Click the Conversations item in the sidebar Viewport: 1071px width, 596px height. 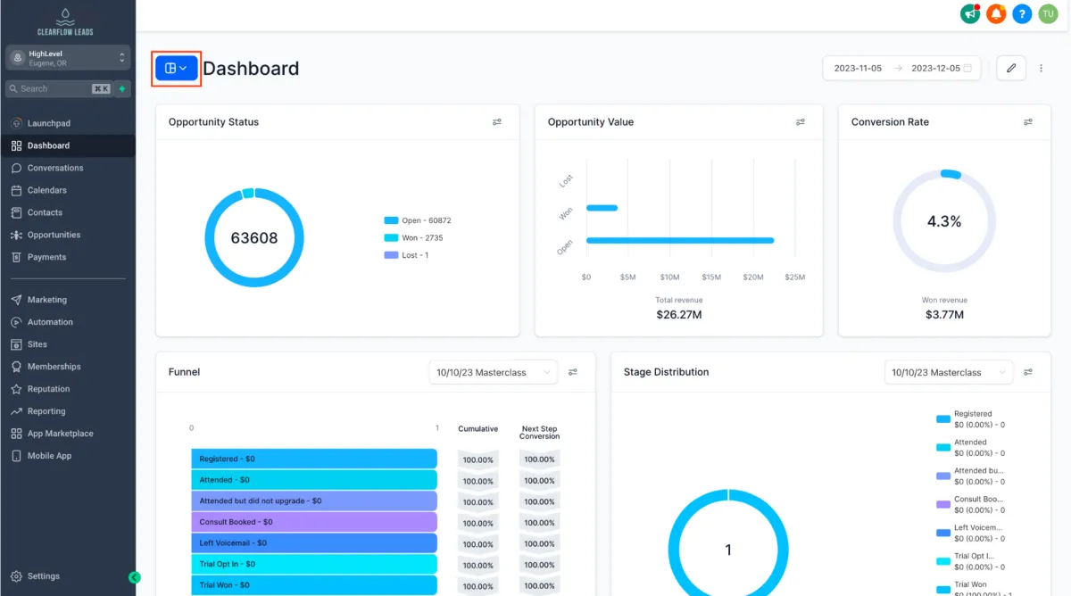[x=54, y=168]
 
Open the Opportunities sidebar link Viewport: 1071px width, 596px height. [x=54, y=235]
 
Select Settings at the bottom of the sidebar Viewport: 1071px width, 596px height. [x=43, y=576]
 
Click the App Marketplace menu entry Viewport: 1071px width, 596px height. [x=60, y=434]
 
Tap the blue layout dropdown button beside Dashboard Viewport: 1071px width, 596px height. [x=176, y=68]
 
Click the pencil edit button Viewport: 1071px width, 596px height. [x=1011, y=68]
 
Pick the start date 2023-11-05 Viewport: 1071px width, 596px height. [x=858, y=68]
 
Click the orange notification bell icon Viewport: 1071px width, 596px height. [x=996, y=13]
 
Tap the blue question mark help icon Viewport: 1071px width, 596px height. [x=1022, y=13]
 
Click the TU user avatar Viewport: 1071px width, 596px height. [x=1048, y=13]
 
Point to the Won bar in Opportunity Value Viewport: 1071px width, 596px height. [x=602, y=208]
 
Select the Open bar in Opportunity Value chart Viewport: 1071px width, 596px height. [x=679, y=240]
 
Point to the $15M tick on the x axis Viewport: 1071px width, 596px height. [x=711, y=277]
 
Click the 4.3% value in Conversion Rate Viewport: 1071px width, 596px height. [x=943, y=221]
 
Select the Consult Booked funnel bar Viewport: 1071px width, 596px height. [x=313, y=522]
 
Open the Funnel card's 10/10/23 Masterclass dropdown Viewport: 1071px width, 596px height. [x=493, y=372]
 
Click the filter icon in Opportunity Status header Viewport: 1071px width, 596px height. [x=497, y=122]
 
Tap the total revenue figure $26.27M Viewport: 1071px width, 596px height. [x=679, y=314]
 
